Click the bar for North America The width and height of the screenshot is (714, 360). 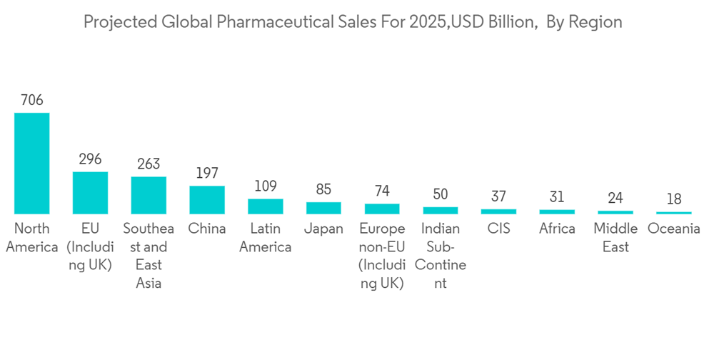[x=32, y=163]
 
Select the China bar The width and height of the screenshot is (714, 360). [x=207, y=199]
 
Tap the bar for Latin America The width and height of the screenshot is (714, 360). [x=266, y=206]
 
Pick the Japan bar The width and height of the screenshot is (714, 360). [x=323, y=208]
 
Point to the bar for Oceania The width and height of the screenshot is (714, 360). [x=673, y=213]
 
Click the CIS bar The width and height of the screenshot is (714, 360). [x=498, y=211]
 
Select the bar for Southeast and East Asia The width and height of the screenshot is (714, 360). [x=149, y=195]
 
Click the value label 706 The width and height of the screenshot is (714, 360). [x=32, y=100]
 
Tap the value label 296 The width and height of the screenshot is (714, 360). [x=90, y=159]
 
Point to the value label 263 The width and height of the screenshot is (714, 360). [x=149, y=164]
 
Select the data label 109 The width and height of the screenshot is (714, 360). [x=266, y=186]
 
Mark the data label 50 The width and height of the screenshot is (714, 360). [x=441, y=194]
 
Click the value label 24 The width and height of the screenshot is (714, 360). [x=615, y=198]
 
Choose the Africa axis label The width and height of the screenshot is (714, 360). [x=557, y=229]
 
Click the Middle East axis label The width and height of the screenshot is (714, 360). [x=615, y=238]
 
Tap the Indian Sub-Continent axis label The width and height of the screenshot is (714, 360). [x=441, y=256]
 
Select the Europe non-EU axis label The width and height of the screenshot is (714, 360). [x=382, y=256]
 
